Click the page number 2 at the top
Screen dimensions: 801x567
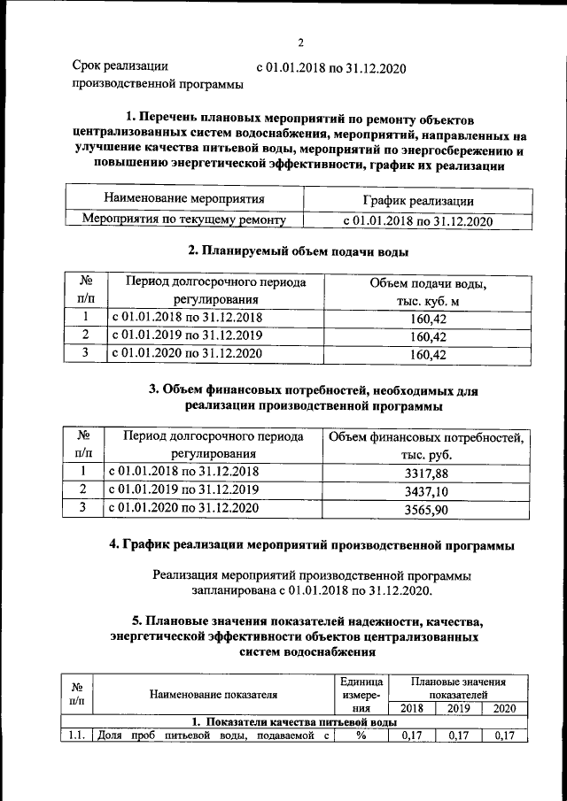(300, 42)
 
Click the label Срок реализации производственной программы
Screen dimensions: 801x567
(157, 75)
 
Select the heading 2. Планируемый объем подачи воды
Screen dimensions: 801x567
(304, 251)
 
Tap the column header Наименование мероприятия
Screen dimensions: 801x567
(184, 199)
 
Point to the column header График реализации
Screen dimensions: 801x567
(417, 201)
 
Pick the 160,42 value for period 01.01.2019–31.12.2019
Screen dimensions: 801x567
(429, 337)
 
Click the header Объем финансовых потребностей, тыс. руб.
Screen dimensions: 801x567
(426, 446)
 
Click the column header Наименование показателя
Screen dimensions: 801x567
(213, 695)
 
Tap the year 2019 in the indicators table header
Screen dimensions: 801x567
(459, 708)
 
